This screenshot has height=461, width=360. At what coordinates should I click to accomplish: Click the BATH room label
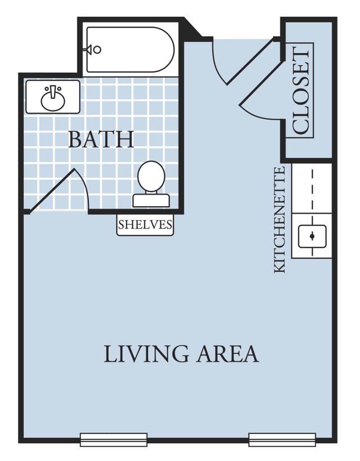pos(101,140)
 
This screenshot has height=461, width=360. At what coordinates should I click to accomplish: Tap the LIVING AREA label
pos(181,353)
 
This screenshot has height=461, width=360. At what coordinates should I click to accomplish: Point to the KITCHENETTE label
pos(280,220)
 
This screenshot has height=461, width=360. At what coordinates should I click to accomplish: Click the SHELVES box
pos(145,225)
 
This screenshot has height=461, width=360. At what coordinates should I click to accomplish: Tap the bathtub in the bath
pos(130,50)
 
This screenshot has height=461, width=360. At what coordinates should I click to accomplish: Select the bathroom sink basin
pos(53,99)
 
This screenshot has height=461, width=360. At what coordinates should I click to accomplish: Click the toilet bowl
pos(151,176)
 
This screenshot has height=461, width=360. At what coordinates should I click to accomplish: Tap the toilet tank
pos(151,200)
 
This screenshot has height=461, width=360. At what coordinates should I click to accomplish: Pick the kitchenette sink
pos(312,236)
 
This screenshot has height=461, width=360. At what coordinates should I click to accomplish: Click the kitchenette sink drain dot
pos(312,236)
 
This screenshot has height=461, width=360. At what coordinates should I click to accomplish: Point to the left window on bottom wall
pos(114,440)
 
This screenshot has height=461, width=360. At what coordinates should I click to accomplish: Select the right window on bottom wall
pos(282,440)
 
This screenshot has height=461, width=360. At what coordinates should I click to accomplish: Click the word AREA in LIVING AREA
pos(228,353)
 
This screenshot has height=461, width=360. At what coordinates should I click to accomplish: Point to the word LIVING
pos(146,353)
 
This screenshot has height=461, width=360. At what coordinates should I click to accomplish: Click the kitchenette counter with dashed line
pos(312,188)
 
